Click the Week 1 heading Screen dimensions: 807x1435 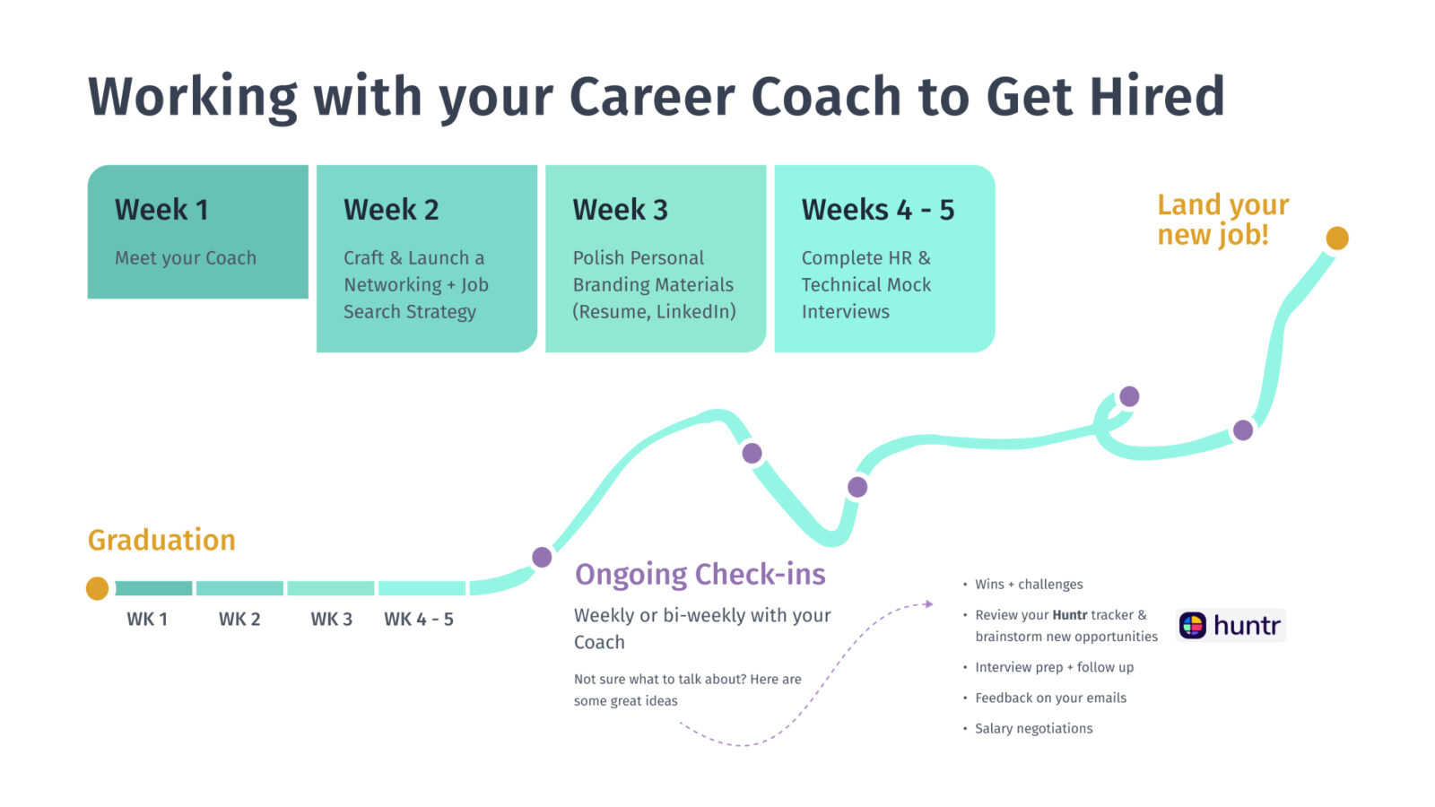(161, 210)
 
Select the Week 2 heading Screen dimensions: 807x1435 (391, 210)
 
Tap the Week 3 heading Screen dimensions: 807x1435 (620, 210)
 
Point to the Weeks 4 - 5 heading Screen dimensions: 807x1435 (877, 210)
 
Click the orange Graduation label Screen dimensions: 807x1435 (161, 540)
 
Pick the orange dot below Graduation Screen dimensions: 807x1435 (97, 588)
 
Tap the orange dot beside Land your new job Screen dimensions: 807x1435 (1336, 238)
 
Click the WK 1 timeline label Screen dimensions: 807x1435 (147, 620)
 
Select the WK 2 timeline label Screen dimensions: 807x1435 (239, 620)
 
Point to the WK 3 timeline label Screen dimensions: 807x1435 (331, 620)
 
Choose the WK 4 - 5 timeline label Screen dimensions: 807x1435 (419, 620)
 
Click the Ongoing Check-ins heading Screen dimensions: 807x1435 (700, 574)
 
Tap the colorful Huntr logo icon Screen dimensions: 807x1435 (1193, 625)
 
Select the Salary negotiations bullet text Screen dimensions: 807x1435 (1033, 728)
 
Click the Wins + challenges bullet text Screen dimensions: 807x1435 (1029, 585)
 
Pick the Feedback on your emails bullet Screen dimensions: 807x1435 (1050, 698)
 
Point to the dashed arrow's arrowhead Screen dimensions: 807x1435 (929, 604)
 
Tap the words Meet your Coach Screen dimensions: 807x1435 (186, 258)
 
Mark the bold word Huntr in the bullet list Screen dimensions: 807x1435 (1069, 615)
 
